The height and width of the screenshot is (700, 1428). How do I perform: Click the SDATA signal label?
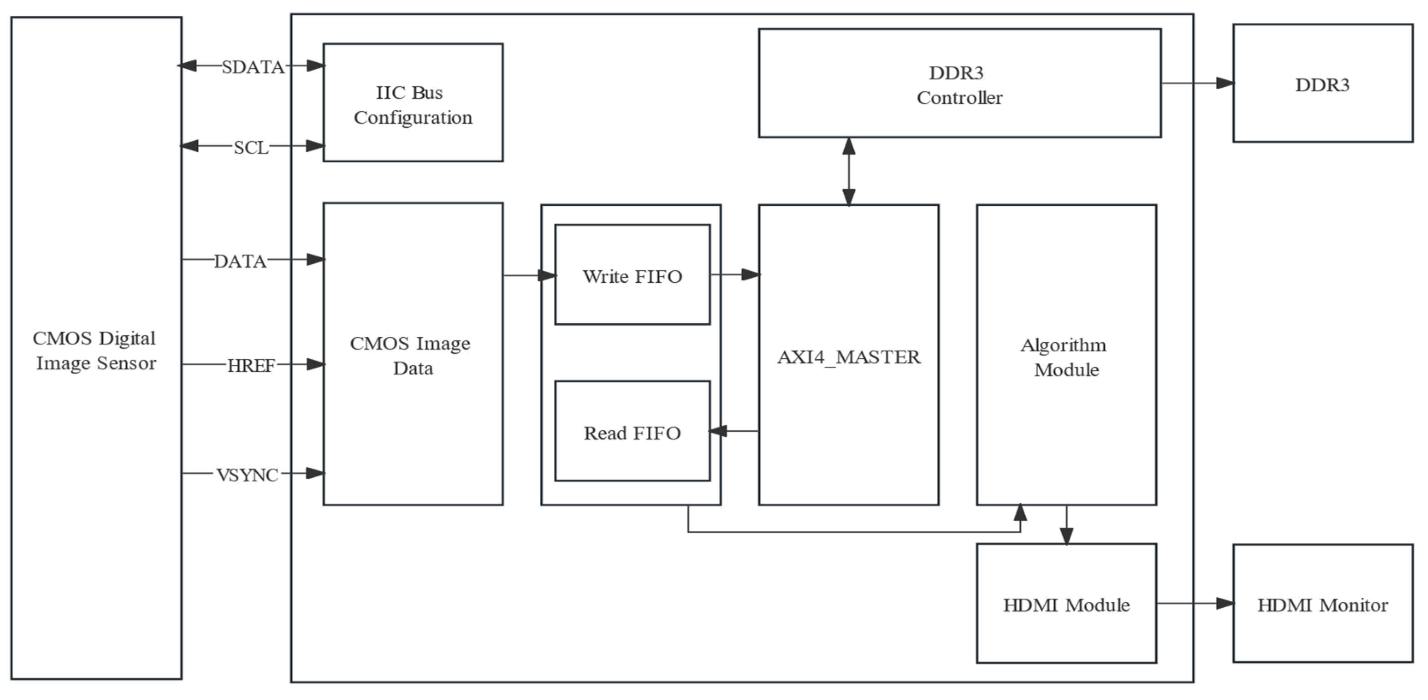(x=253, y=67)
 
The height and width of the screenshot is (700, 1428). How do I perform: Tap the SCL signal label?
(x=251, y=147)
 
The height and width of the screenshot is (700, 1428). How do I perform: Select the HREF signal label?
(x=251, y=366)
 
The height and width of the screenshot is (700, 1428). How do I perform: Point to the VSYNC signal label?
(x=247, y=475)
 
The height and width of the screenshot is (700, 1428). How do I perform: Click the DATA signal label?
(x=240, y=261)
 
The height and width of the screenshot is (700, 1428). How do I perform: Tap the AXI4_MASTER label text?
(x=848, y=357)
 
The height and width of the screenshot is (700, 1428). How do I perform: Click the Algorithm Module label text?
(x=1065, y=357)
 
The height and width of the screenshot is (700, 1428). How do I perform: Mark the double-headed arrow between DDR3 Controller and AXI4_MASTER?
(x=848, y=171)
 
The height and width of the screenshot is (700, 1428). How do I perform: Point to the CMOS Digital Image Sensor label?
(x=95, y=350)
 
